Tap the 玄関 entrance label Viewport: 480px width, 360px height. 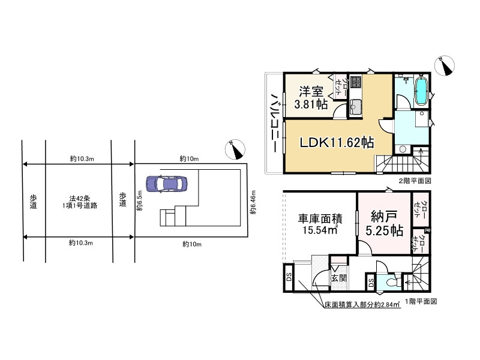(338, 278)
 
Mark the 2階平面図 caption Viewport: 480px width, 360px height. (413, 180)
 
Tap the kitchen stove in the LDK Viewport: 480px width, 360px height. (355, 82)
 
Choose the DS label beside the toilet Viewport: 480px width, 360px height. (371, 283)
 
